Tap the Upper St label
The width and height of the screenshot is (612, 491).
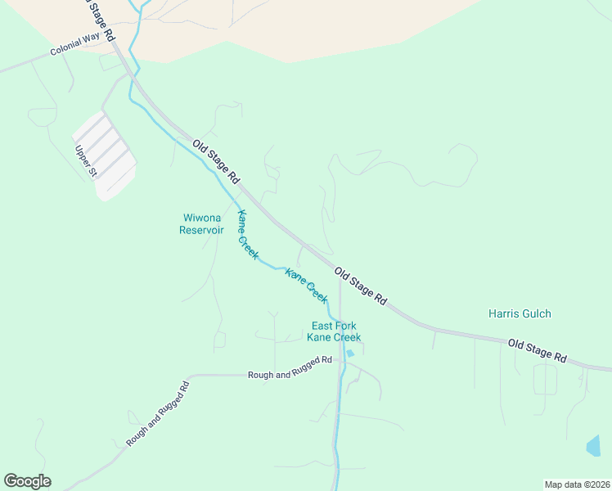[85, 161]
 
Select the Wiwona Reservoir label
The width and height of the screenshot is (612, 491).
[201, 224]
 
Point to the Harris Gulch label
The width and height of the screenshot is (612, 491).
[520, 313]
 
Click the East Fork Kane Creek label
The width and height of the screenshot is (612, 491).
[334, 331]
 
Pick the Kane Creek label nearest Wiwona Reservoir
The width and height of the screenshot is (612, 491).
[247, 235]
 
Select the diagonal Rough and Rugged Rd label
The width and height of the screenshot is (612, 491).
[158, 413]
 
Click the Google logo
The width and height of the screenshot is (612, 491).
[27, 481]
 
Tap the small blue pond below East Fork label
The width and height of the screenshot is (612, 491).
[350, 354]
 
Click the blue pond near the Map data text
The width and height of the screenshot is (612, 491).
[593, 446]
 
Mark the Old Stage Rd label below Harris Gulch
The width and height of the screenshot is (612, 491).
[537, 351]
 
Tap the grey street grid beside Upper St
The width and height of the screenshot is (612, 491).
[105, 155]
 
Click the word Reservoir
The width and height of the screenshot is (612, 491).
[201, 230]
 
